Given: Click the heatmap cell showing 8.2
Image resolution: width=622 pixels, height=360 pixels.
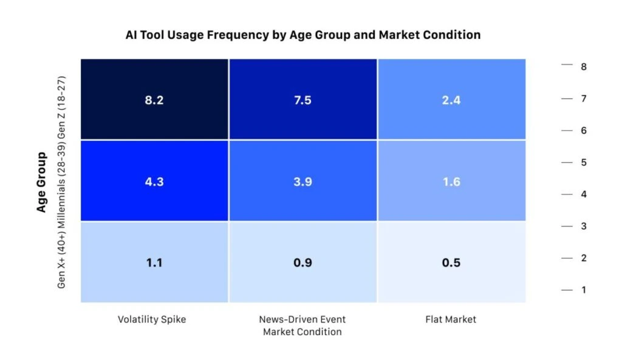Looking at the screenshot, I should (154, 100).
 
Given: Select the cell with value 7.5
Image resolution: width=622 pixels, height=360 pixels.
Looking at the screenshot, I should (302, 100).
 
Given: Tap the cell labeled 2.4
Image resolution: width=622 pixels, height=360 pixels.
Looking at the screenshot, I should (451, 100).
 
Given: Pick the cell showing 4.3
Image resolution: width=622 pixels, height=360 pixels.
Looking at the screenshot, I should (154, 181).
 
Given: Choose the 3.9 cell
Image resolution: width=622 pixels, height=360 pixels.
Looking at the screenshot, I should (302, 181).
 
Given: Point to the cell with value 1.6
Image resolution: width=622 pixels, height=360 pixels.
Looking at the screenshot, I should (451, 181).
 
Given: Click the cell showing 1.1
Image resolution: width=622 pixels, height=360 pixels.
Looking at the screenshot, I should (154, 262).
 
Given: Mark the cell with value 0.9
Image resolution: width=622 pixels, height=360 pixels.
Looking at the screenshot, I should (302, 262).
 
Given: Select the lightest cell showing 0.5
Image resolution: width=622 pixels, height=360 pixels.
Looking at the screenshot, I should (451, 262).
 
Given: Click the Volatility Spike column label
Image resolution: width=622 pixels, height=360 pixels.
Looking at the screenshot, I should (151, 319).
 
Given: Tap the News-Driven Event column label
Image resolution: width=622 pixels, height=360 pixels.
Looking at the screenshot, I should (302, 319).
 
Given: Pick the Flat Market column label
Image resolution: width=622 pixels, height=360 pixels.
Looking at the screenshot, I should (451, 319).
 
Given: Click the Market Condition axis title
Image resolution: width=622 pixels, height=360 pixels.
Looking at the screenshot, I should (302, 332).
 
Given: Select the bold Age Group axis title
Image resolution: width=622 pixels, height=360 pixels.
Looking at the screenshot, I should (41, 182).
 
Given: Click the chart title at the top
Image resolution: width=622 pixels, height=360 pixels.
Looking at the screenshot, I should (302, 35).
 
